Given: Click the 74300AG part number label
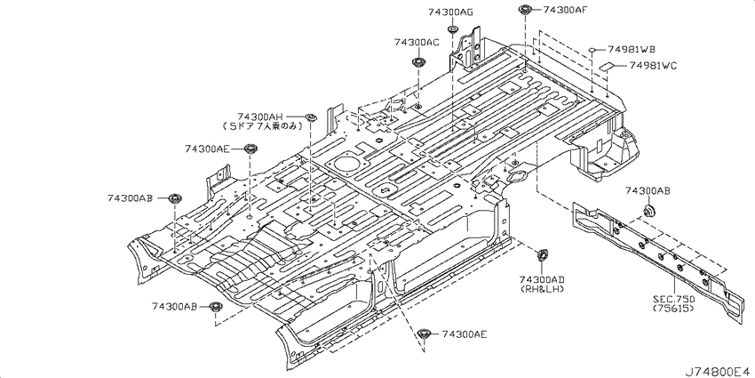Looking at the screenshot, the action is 450,13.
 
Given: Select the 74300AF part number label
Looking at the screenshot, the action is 565,10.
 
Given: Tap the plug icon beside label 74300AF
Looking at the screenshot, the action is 524,10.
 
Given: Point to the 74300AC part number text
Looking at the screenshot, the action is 417,43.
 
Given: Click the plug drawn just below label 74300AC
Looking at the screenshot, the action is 417,62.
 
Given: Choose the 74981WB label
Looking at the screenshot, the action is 632,49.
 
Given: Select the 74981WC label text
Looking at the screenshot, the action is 653,66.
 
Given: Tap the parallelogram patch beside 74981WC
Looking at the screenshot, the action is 606,65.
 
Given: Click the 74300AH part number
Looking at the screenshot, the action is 259,117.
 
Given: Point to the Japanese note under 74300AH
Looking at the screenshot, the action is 262,126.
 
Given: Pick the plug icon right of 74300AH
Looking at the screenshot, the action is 311,117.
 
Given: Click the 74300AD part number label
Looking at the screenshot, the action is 542,279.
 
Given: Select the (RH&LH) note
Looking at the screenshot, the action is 542,289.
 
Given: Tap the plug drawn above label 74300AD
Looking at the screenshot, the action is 542,255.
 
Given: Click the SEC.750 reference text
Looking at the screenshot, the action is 673,300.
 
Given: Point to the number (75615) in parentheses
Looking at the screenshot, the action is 673,309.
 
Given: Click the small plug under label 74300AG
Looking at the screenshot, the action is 452,29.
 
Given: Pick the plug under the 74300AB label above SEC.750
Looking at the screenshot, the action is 650,211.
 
